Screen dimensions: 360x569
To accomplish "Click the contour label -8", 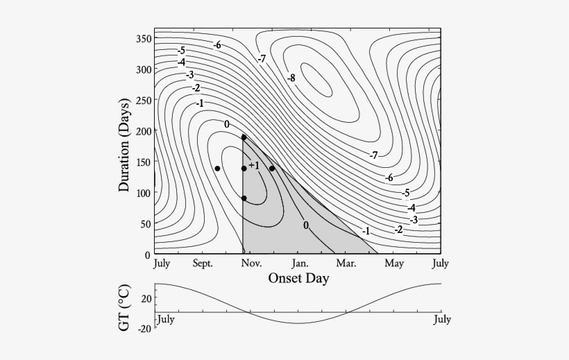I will (291, 78).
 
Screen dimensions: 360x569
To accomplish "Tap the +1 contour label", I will (253, 165).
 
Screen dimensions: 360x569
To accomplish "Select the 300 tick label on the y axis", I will (143, 69).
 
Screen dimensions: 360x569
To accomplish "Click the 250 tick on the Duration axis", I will (143, 101).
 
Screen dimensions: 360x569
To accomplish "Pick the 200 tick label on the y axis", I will (143, 131).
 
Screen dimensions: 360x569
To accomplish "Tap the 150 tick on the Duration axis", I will (143, 162).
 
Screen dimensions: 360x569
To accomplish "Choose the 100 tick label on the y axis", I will (143, 193).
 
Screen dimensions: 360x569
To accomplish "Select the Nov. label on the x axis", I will (251, 264).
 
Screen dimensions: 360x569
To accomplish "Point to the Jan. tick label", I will (300, 264).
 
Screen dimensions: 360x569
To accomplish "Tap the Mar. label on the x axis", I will (346, 264).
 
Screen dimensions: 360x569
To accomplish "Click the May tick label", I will (394, 264).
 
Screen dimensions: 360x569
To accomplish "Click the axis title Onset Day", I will (298, 278).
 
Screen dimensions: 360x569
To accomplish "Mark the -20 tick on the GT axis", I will (144, 328).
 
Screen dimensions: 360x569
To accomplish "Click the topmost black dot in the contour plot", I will (244, 137).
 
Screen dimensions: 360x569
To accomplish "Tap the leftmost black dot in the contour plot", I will (217, 169).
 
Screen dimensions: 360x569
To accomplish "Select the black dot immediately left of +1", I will (244, 169).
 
